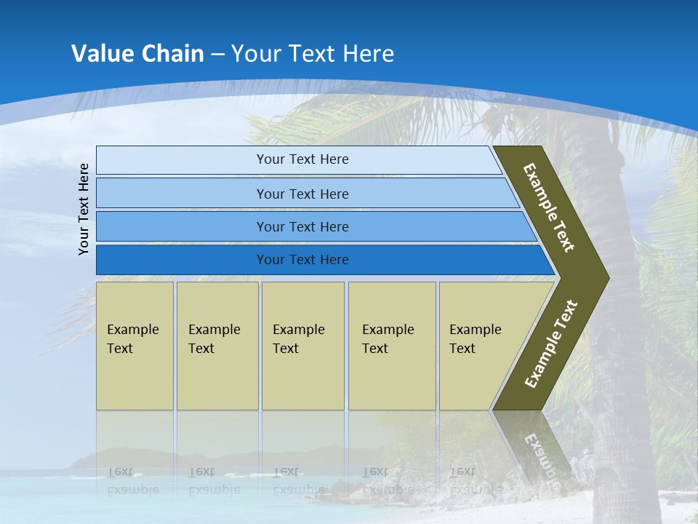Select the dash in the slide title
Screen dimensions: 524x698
pos(217,55)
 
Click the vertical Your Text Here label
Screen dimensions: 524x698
pos(84,209)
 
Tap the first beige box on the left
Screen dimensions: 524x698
pos(135,346)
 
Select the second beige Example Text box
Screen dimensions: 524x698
pos(217,346)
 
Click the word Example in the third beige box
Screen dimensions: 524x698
pos(298,330)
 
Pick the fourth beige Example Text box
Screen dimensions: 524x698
pos(392,346)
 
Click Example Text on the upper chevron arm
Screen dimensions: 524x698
pos(549,207)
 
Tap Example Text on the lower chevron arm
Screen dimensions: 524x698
pos(551,344)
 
